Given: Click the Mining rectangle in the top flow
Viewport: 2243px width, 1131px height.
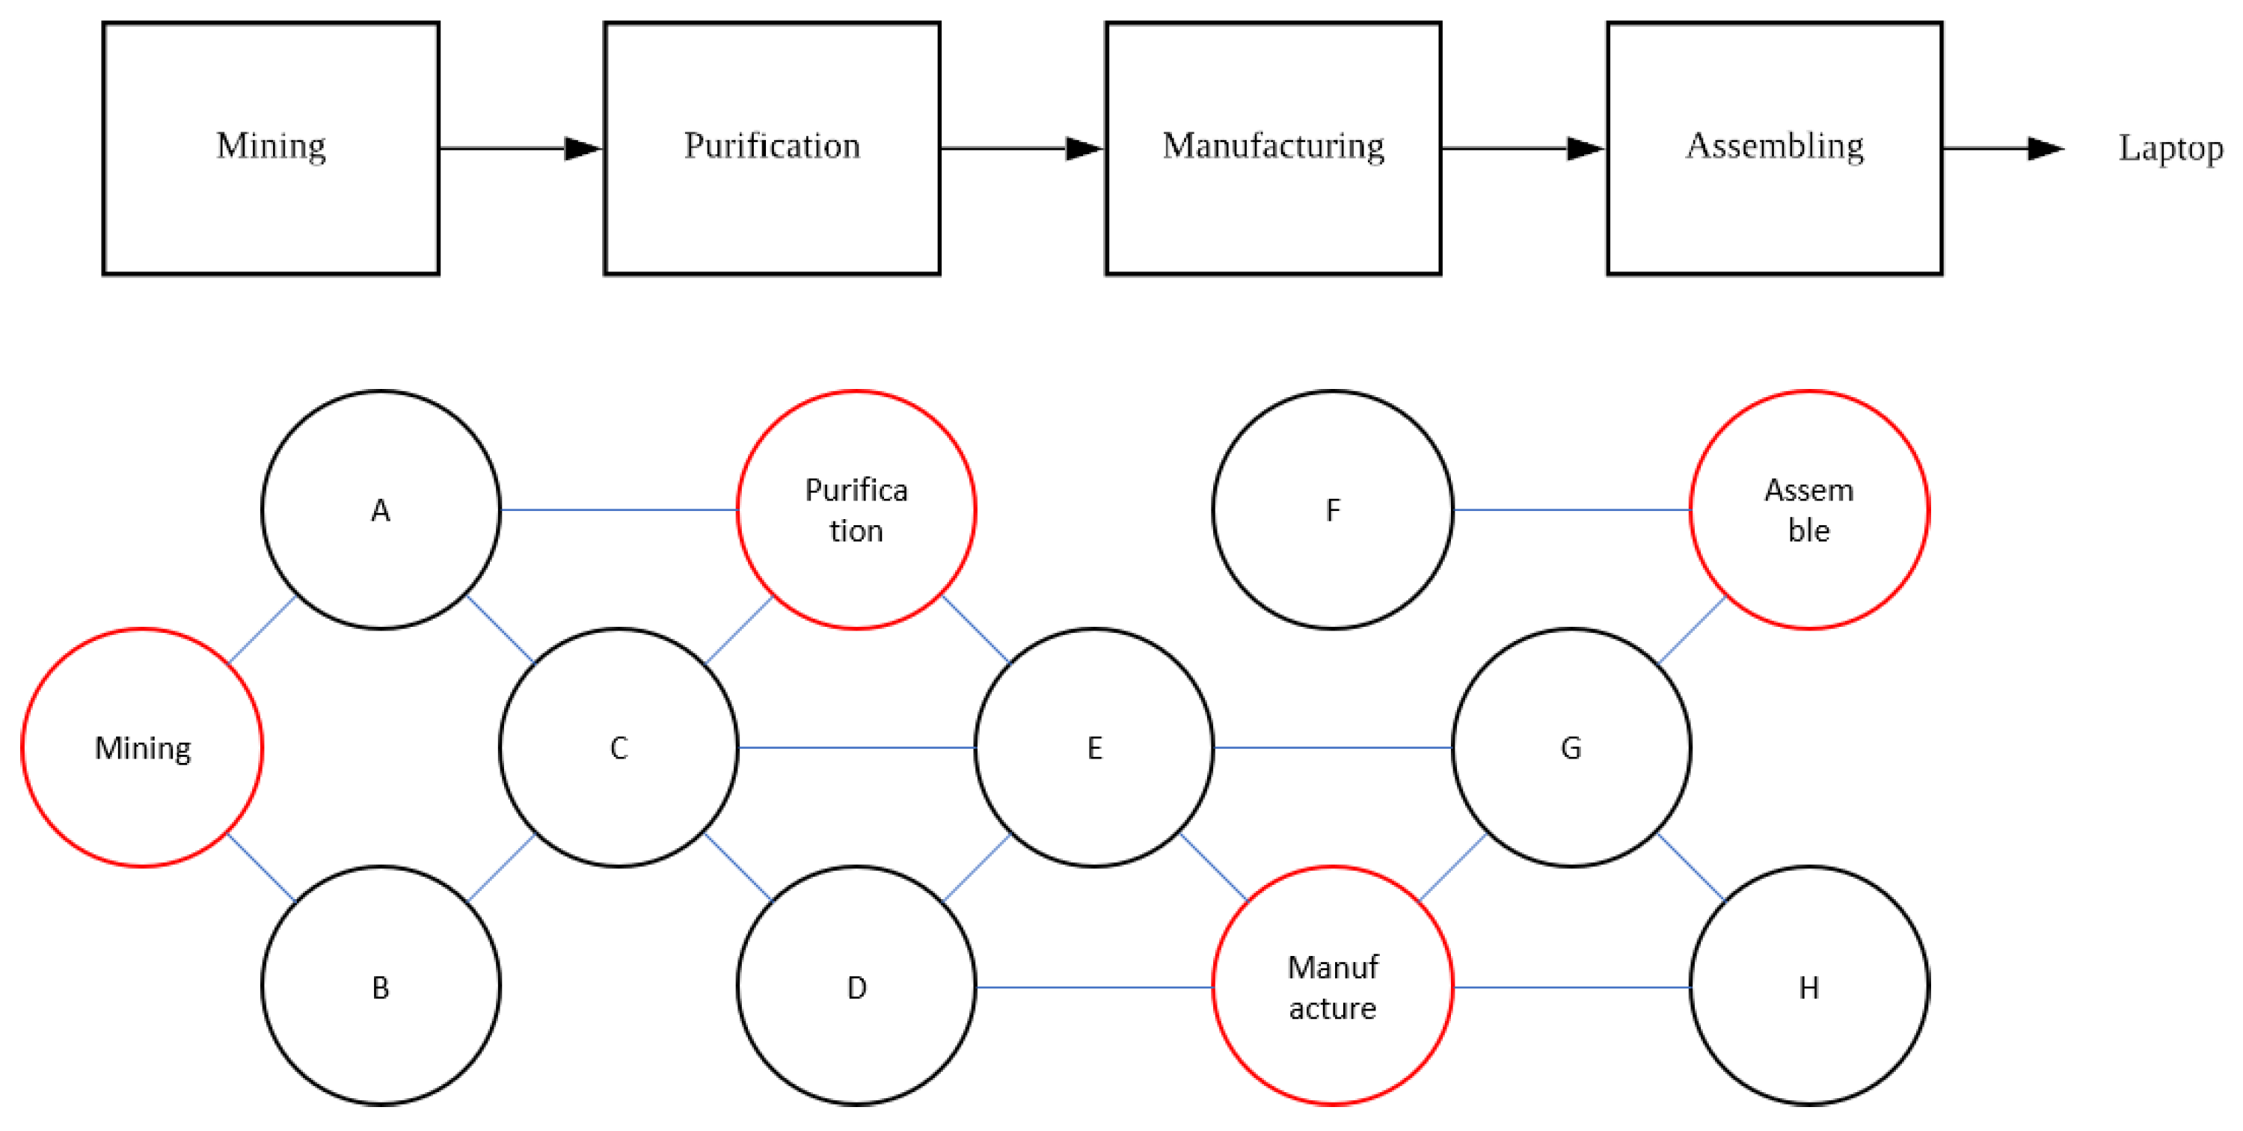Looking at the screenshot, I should click(271, 148).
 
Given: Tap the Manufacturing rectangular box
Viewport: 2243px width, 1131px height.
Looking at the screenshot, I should click(1273, 148).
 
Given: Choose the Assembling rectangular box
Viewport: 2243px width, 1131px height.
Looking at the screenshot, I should click(1775, 148).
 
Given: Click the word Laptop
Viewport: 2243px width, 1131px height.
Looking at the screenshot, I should click(2170, 148).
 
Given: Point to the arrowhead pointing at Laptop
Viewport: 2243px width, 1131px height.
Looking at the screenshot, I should click(2046, 149).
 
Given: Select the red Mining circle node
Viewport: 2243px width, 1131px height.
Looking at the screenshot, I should click(142, 748).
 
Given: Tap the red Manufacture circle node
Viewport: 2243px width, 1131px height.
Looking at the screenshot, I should click(1332, 987).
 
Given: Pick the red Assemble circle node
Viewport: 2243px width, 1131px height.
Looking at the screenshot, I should click(1808, 510).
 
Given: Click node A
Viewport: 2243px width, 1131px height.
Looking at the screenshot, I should click(381, 510).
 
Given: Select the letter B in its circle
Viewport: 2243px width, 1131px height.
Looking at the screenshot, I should click(381, 987).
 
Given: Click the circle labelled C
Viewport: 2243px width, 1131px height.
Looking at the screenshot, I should click(619, 748).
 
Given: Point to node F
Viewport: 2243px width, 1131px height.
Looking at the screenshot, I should click(1332, 510).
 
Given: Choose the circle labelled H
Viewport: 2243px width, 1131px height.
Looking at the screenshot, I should click(1808, 987).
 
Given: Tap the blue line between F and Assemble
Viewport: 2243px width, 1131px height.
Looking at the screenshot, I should click(1571, 510).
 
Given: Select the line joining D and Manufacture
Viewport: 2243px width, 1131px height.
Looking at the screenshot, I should click(1093, 987).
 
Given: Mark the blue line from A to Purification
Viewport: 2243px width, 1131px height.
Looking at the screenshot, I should click(619, 510).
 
